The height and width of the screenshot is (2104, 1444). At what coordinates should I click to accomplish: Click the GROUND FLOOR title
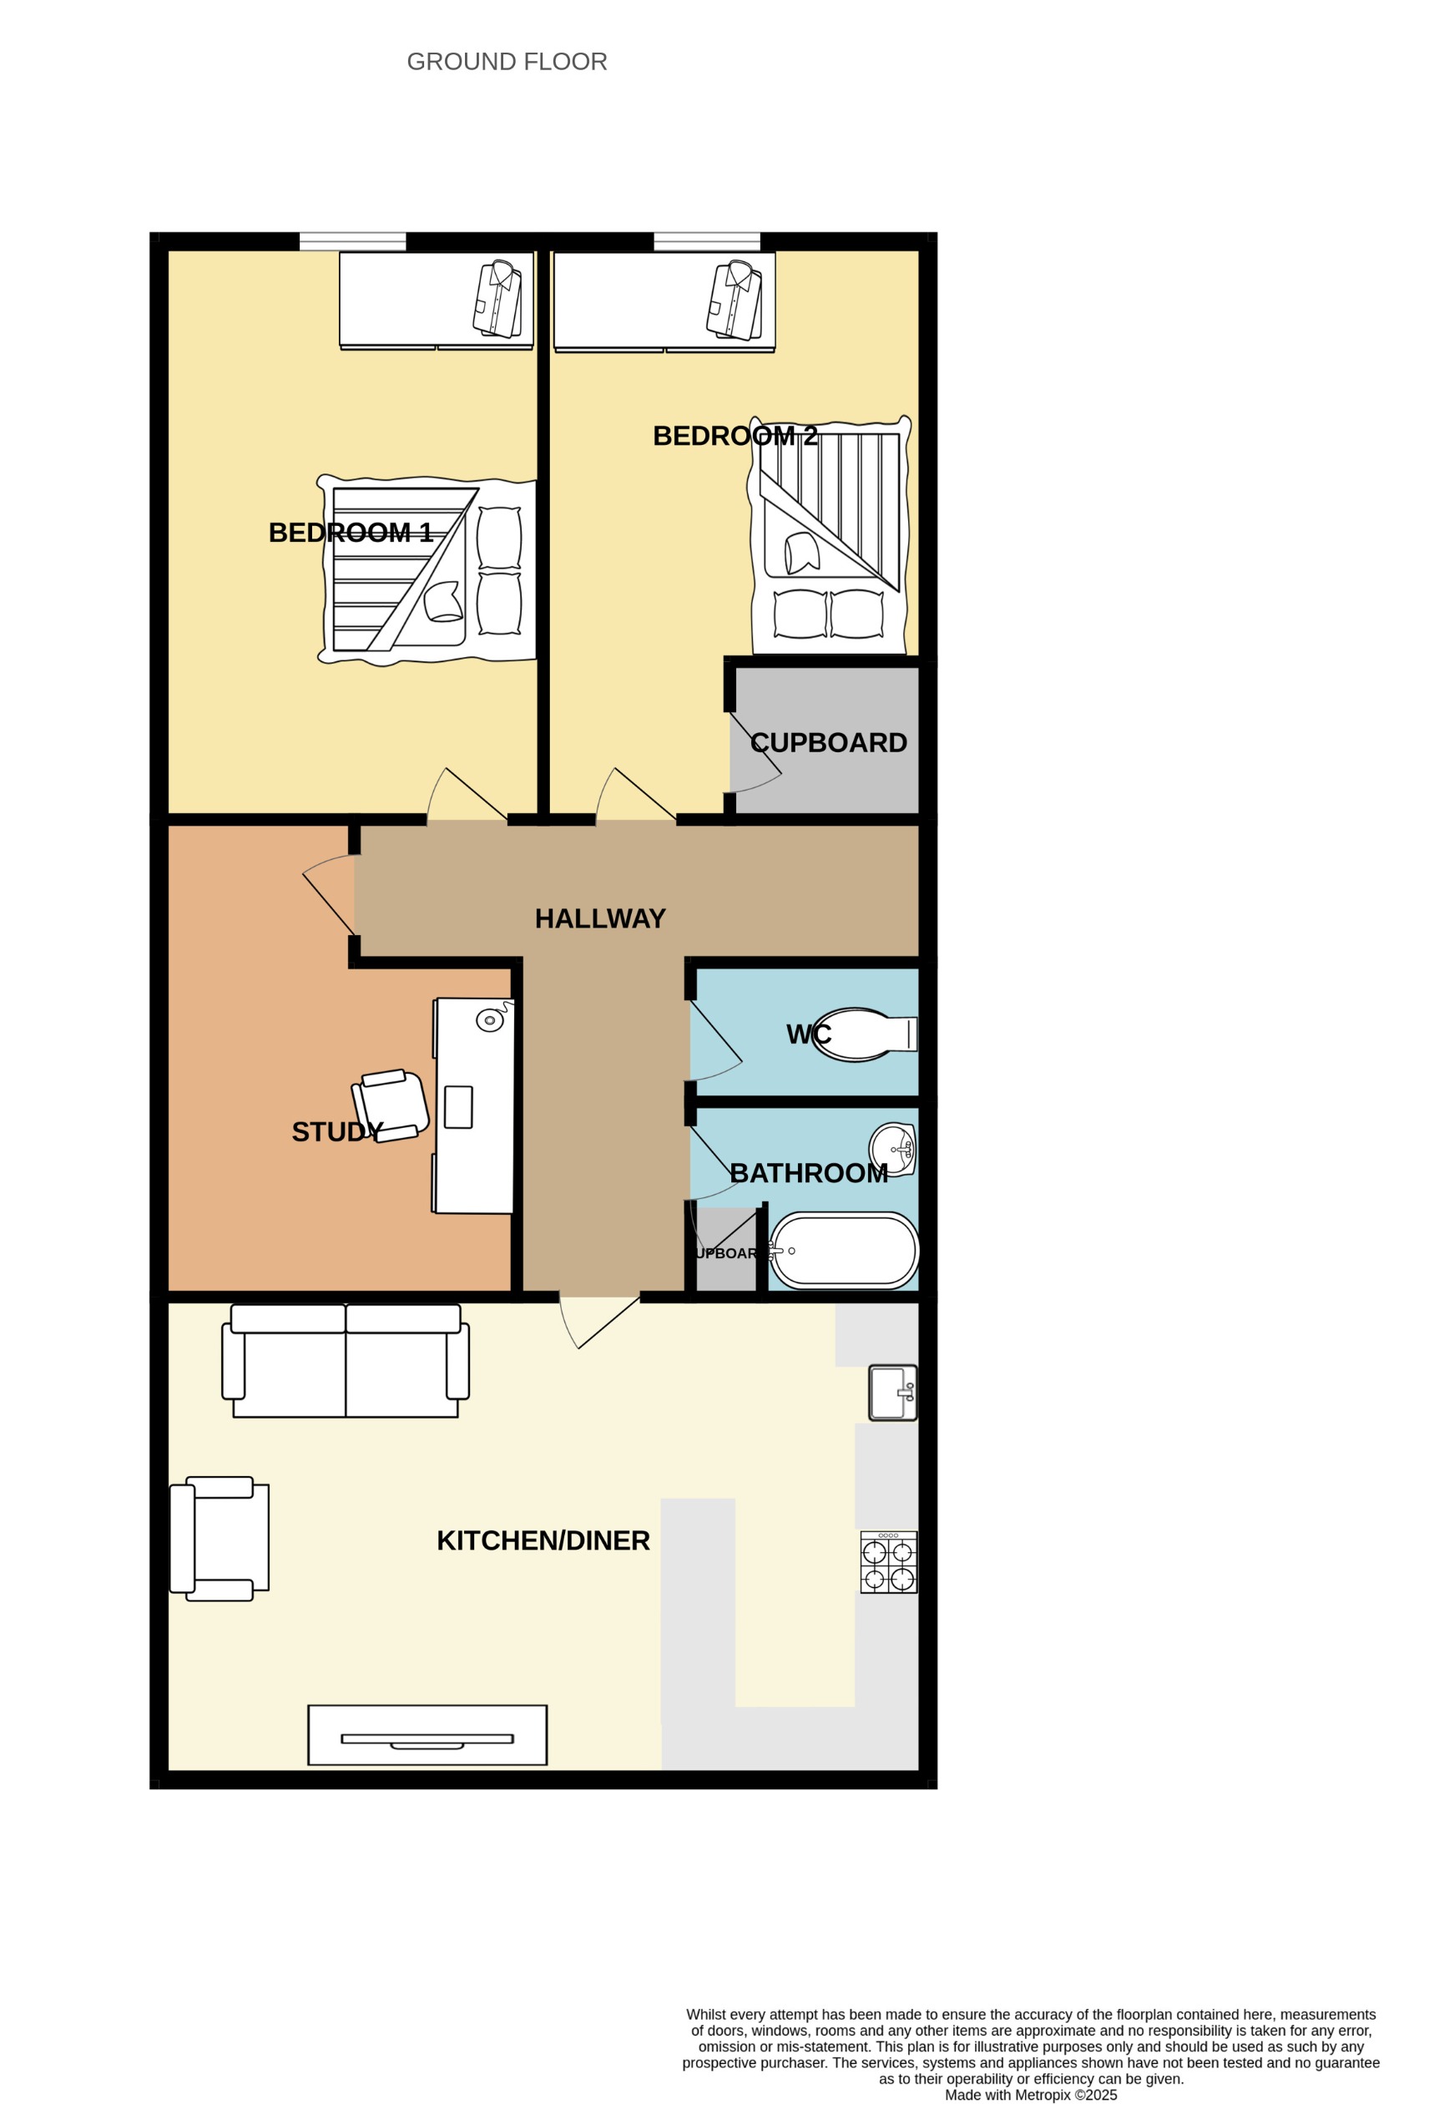pyautogui.click(x=506, y=62)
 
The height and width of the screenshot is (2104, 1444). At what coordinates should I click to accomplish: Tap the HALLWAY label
pyautogui.click(x=599, y=919)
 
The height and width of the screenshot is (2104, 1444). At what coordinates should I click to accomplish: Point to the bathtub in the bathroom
pyautogui.click(x=844, y=1250)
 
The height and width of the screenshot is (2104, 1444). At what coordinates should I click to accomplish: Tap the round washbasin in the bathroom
pyautogui.click(x=891, y=1149)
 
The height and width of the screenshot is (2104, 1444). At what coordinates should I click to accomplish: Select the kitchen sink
pyautogui.click(x=891, y=1393)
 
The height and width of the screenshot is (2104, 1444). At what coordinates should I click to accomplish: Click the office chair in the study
pyautogui.click(x=391, y=1105)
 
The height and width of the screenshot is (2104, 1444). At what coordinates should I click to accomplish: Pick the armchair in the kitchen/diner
pyautogui.click(x=219, y=1538)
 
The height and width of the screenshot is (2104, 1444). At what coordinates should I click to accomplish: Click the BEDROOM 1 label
pyautogui.click(x=350, y=533)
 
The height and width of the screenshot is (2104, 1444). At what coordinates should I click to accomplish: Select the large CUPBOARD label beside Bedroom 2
pyautogui.click(x=827, y=742)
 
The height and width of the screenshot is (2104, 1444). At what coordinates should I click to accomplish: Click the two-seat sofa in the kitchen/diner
pyautogui.click(x=345, y=1360)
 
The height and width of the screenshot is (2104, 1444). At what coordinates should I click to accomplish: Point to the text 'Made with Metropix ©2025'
pyautogui.click(x=1030, y=2094)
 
